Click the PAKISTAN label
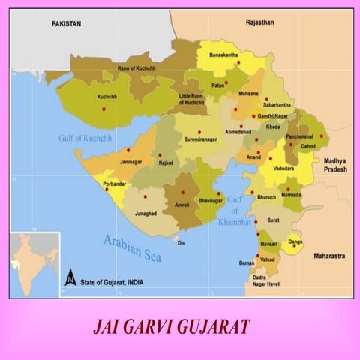tap(67, 24)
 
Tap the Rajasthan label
tap(261, 23)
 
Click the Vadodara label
tap(283, 169)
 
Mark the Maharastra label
tap(329, 256)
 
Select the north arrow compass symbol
tap(70, 277)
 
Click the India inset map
tap(34, 264)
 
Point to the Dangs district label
tap(295, 242)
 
